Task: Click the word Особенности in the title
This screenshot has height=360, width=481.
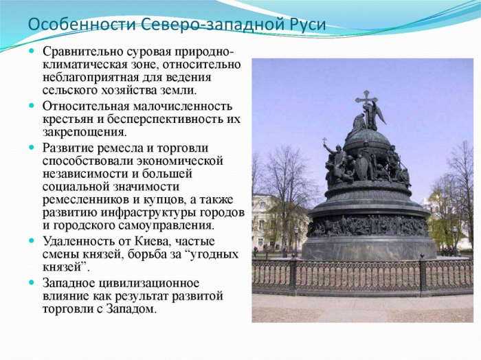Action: point(82,24)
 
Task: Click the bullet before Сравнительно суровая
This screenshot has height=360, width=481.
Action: point(32,51)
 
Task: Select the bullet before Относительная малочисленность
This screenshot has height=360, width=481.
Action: point(32,106)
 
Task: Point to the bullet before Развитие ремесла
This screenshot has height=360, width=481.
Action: point(32,147)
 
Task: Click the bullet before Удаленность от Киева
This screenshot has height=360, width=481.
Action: point(32,240)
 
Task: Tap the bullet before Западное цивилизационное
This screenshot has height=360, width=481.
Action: point(32,282)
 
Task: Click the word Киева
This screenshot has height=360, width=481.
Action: point(152,241)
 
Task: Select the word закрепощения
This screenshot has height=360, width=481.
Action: point(85,133)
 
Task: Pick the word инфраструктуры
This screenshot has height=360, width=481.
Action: point(149,213)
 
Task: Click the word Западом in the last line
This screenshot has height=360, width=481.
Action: point(131,308)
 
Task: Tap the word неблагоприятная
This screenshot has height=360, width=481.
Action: point(91,78)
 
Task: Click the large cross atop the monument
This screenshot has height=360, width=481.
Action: point(366,98)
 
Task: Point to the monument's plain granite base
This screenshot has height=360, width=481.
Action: point(369,247)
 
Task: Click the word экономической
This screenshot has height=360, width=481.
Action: point(180,161)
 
